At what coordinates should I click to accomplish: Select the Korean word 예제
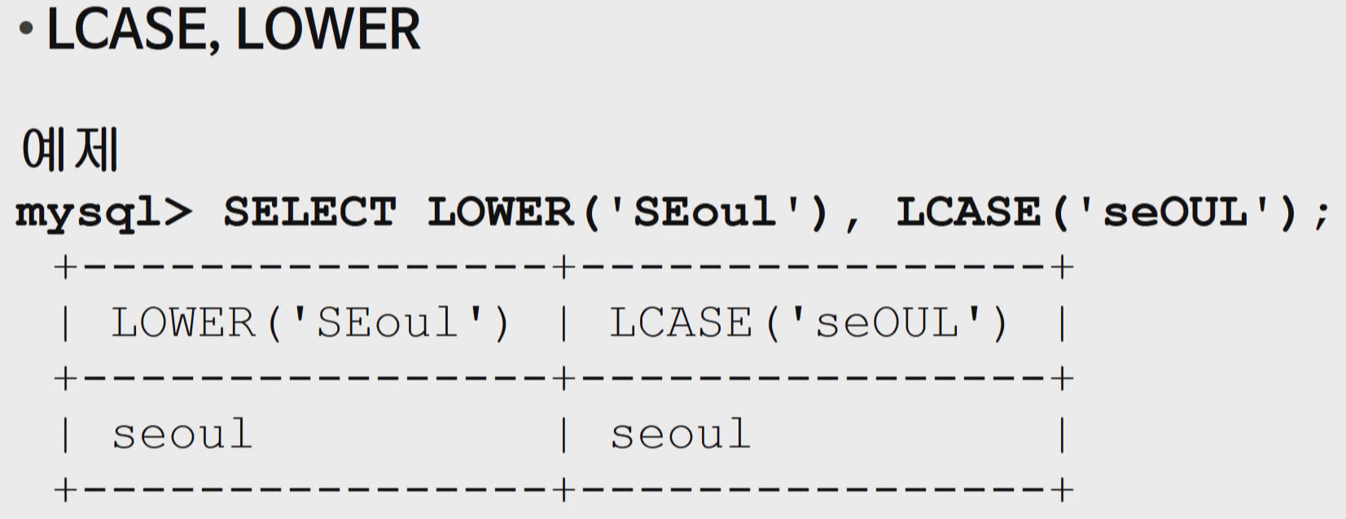70,150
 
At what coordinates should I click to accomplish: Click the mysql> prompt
103,214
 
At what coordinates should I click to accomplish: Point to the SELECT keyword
309,212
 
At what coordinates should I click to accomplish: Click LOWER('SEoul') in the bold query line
627,212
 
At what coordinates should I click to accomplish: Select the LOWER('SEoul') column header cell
310,323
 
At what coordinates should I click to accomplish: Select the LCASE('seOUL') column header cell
809,323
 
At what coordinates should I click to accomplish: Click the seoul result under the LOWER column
182,434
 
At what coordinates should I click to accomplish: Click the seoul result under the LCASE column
681,434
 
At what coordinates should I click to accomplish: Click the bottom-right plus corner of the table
1062,490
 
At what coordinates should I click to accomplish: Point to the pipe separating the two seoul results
563,434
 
